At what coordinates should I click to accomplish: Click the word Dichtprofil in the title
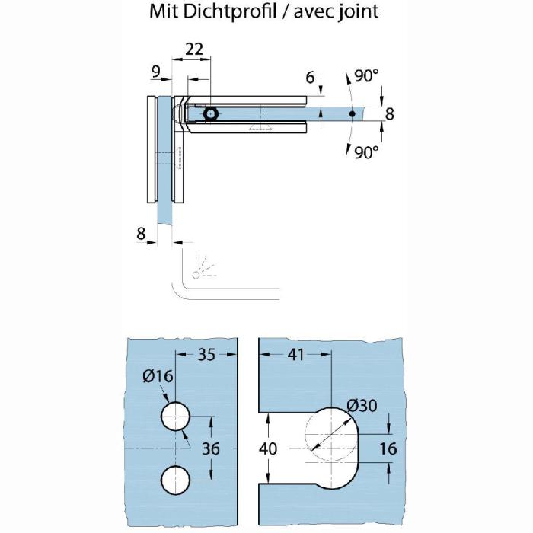(229, 11)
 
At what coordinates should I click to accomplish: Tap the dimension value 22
(193, 49)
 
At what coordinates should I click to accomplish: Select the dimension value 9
(155, 72)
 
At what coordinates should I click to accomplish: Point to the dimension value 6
(310, 78)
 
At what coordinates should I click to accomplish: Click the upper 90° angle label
(366, 76)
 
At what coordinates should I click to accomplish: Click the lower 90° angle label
(366, 152)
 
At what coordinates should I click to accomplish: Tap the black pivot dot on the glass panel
(352, 114)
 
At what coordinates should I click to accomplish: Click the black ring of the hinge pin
(211, 114)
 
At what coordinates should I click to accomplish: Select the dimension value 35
(206, 355)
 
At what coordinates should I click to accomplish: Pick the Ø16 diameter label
(158, 376)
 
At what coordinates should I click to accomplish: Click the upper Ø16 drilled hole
(175, 417)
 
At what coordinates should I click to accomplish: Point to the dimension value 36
(211, 448)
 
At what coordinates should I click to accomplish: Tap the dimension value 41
(296, 355)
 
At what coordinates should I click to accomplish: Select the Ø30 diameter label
(362, 406)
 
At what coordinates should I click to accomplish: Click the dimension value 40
(268, 448)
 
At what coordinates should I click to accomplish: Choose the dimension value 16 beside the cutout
(388, 448)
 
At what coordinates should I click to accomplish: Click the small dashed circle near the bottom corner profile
(196, 275)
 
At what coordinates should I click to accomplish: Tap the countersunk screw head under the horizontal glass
(260, 127)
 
